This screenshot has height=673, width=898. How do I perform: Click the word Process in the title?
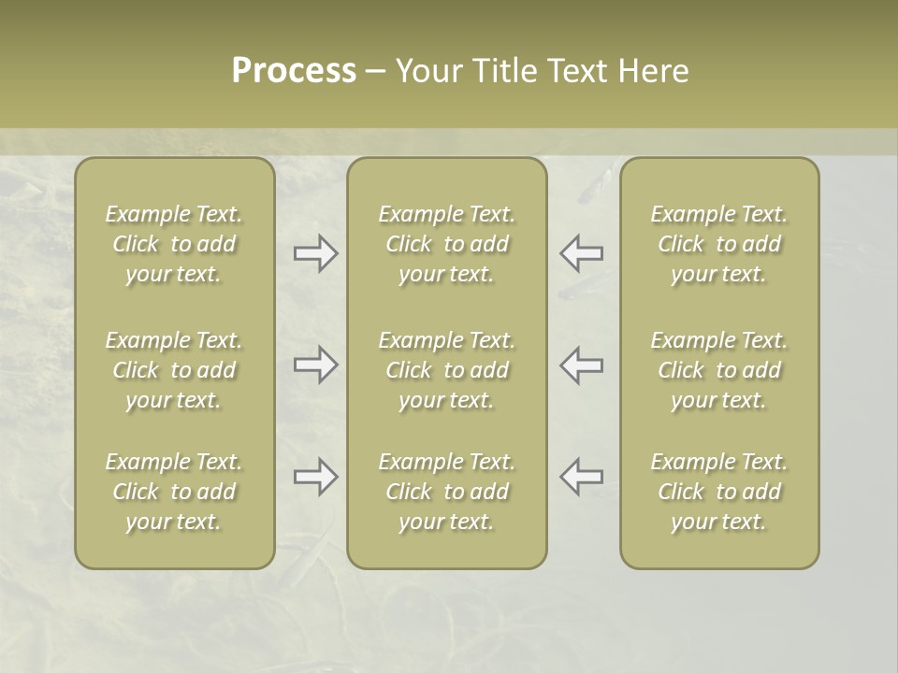(294, 71)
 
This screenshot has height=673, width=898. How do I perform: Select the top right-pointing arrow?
(316, 253)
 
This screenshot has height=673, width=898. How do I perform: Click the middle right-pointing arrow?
(316, 365)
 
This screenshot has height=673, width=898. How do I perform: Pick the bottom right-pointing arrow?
(316, 477)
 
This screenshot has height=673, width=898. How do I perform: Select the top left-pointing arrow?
(582, 253)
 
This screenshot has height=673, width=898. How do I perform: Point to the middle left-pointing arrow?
(582, 365)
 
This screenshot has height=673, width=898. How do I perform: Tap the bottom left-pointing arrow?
(582, 477)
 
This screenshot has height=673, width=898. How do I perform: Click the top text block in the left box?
(174, 244)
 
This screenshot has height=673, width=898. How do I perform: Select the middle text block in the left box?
(174, 370)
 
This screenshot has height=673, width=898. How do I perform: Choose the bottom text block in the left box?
(174, 492)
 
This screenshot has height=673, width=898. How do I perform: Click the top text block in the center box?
(447, 244)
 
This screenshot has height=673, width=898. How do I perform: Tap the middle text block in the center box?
(447, 370)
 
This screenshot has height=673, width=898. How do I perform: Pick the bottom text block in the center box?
(447, 492)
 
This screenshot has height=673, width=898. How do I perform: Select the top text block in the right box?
(719, 244)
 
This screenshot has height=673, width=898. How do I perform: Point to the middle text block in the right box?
(719, 370)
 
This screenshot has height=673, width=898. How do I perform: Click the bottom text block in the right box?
(719, 492)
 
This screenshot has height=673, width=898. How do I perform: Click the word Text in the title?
(575, 71)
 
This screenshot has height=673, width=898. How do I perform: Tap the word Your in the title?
(425, 71)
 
